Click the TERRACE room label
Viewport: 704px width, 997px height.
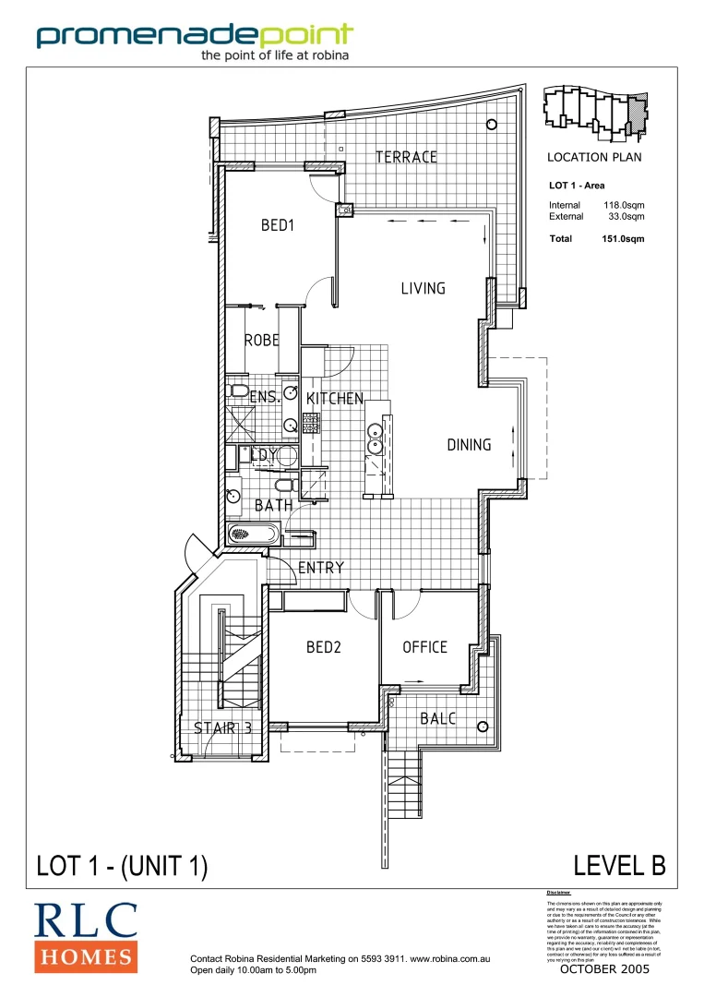click(x=406, y=157)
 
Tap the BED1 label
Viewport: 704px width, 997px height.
click(x=277, y=224)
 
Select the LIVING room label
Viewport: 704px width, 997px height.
click(x=423, y=289)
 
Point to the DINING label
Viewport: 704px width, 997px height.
click(x=469, y=445)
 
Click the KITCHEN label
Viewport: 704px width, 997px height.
click(x=335, y=399)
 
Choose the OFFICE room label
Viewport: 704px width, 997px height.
click(x=424, y=647)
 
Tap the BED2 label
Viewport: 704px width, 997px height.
click(x=324, y=647)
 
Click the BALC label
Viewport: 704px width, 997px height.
click(x=437, y=718)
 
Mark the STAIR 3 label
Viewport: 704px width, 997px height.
click(x=222, y=728)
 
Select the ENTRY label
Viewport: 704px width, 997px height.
click(x=321, y=568)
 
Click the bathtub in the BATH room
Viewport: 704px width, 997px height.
click(x=252, y=534)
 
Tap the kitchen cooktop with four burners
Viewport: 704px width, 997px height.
click(x=310, y=423)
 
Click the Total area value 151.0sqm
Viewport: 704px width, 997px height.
click(x=623, y=238)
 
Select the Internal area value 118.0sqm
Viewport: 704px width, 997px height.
click(x=624, y=205)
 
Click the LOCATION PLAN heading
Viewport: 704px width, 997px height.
click(x=594, y=157)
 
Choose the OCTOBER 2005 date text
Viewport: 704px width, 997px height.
click(x=604, y=969)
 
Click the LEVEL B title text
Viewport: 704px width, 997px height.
click(x=619, y=865)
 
